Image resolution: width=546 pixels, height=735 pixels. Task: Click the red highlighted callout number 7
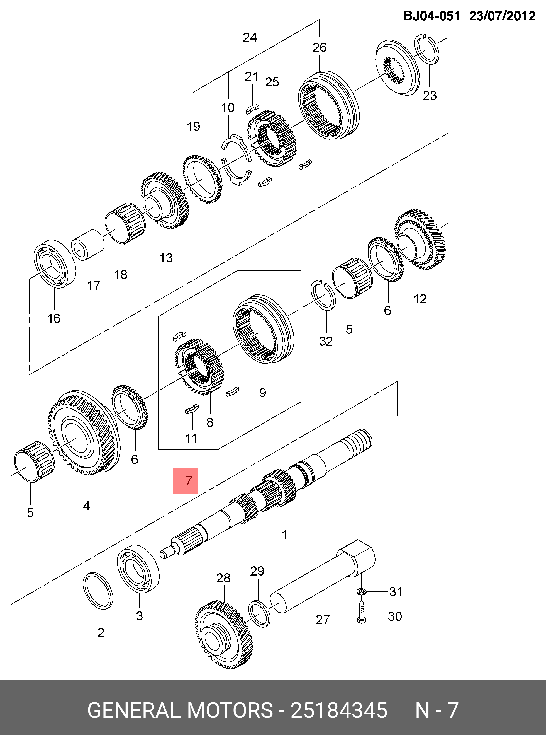tap(186, 481)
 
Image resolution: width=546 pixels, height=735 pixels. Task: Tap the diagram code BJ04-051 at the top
tap(431, 16)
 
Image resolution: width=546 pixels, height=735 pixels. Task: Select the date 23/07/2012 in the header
tap(502, 16)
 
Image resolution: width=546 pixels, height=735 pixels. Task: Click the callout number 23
tap(430, 96)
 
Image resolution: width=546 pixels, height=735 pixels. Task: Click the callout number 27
tap(323, 620)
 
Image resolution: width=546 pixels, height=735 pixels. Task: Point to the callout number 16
tap(54, 318)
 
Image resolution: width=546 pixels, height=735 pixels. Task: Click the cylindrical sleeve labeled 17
tap(88, 246)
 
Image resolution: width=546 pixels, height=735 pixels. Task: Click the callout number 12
tap(420, 299)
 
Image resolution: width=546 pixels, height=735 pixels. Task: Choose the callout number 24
tap(250, 38)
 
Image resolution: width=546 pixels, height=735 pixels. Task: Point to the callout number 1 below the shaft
tap(284, 535)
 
